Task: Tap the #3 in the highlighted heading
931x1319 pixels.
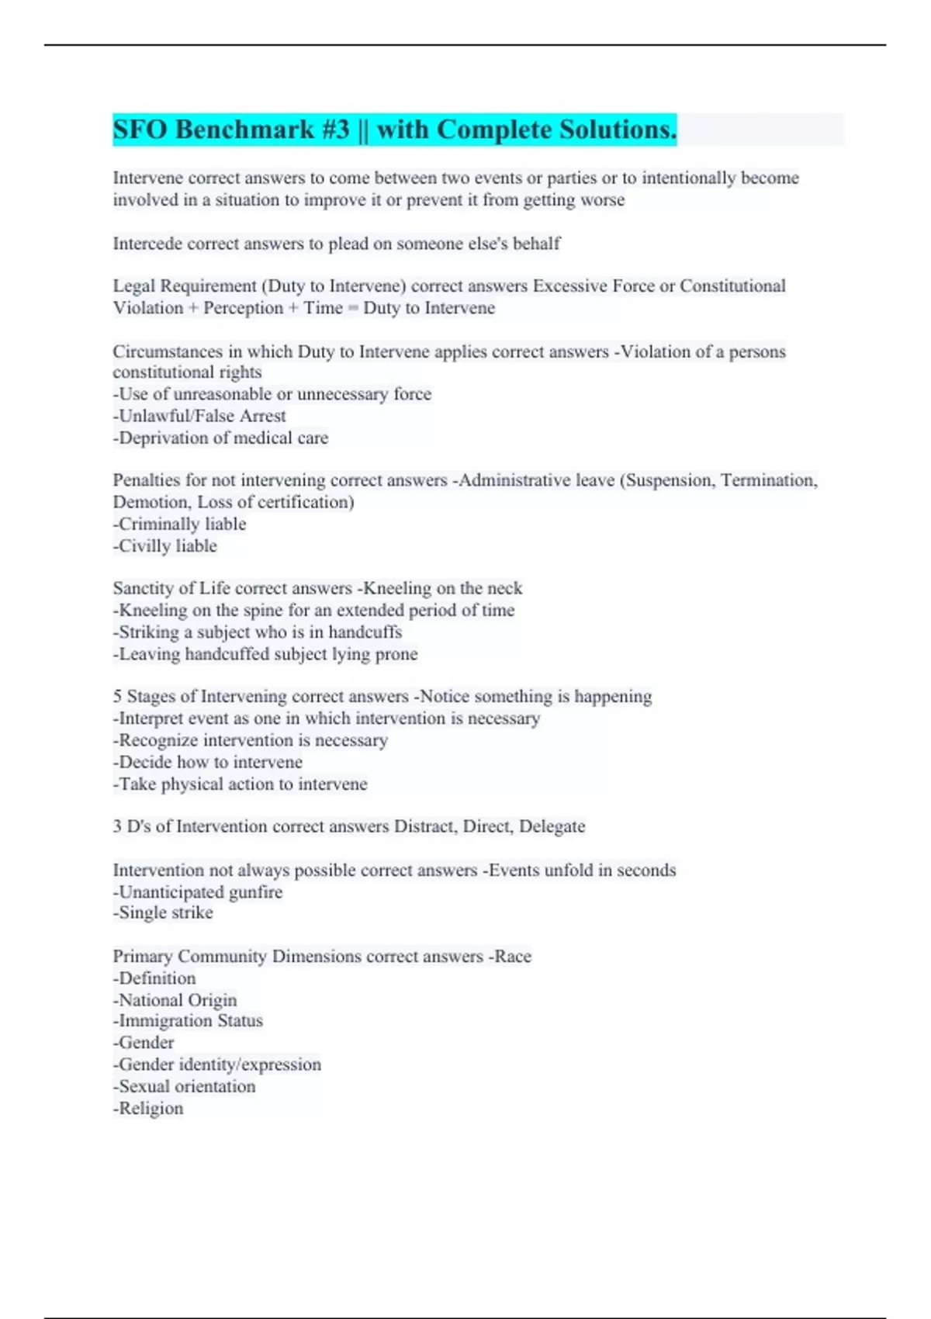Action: [334, 130]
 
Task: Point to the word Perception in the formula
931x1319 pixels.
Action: [243, 308]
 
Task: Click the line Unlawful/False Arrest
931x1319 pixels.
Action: [199, 416]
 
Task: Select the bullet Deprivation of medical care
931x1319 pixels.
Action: [221, 438]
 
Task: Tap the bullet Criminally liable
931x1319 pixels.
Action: [180, 524]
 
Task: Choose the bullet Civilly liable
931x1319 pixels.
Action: [165, 546]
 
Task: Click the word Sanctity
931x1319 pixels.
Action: [144, 588]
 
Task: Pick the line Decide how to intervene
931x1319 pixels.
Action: [208, 762]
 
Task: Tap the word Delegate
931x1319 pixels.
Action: [552, 826]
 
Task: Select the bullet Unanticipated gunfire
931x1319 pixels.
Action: [198, 892]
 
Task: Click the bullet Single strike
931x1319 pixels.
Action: [163, 913]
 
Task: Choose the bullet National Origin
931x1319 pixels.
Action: [175, 1000]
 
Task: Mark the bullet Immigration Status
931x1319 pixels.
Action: [189, 1021]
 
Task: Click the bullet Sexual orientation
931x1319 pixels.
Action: [185, 1087]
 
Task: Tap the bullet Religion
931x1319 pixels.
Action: [149, 1109]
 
